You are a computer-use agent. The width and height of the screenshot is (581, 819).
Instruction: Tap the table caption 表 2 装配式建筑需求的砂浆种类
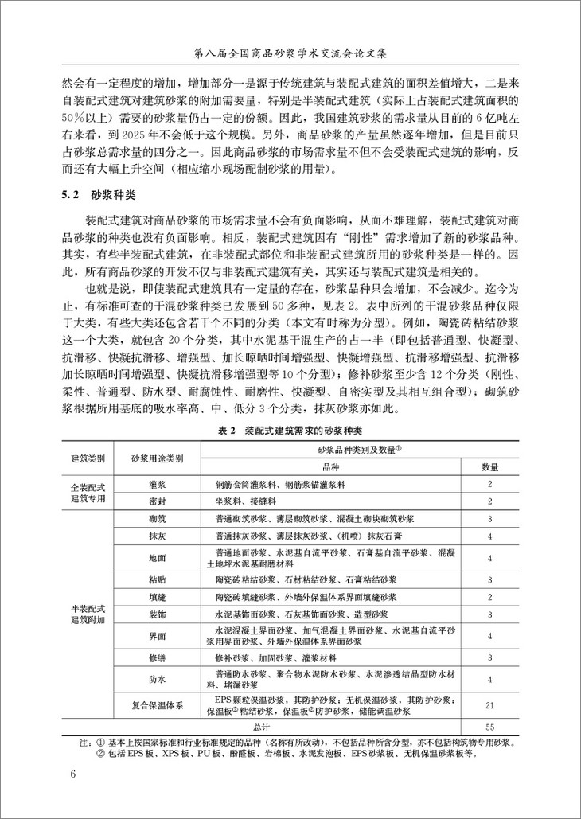tap(290, 430)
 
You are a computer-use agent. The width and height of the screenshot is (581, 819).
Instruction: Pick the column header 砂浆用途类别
tap(157, 459)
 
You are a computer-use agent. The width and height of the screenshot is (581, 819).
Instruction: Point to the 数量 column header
tap(490, 467)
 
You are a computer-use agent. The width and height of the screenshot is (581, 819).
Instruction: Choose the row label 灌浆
tap(157, 483)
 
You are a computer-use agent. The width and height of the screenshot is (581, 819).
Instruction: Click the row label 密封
tap(157, 501)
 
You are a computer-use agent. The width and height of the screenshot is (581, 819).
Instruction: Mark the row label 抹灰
tap(157, 536)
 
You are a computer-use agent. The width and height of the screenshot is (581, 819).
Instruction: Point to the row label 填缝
tap(157, 597)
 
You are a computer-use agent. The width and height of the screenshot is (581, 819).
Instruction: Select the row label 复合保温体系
tap(157, 705)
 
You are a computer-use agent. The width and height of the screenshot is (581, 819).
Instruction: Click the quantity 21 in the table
tap(490, 705)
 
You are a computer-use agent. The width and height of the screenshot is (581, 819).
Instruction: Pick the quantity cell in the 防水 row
tap(490, 679)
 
